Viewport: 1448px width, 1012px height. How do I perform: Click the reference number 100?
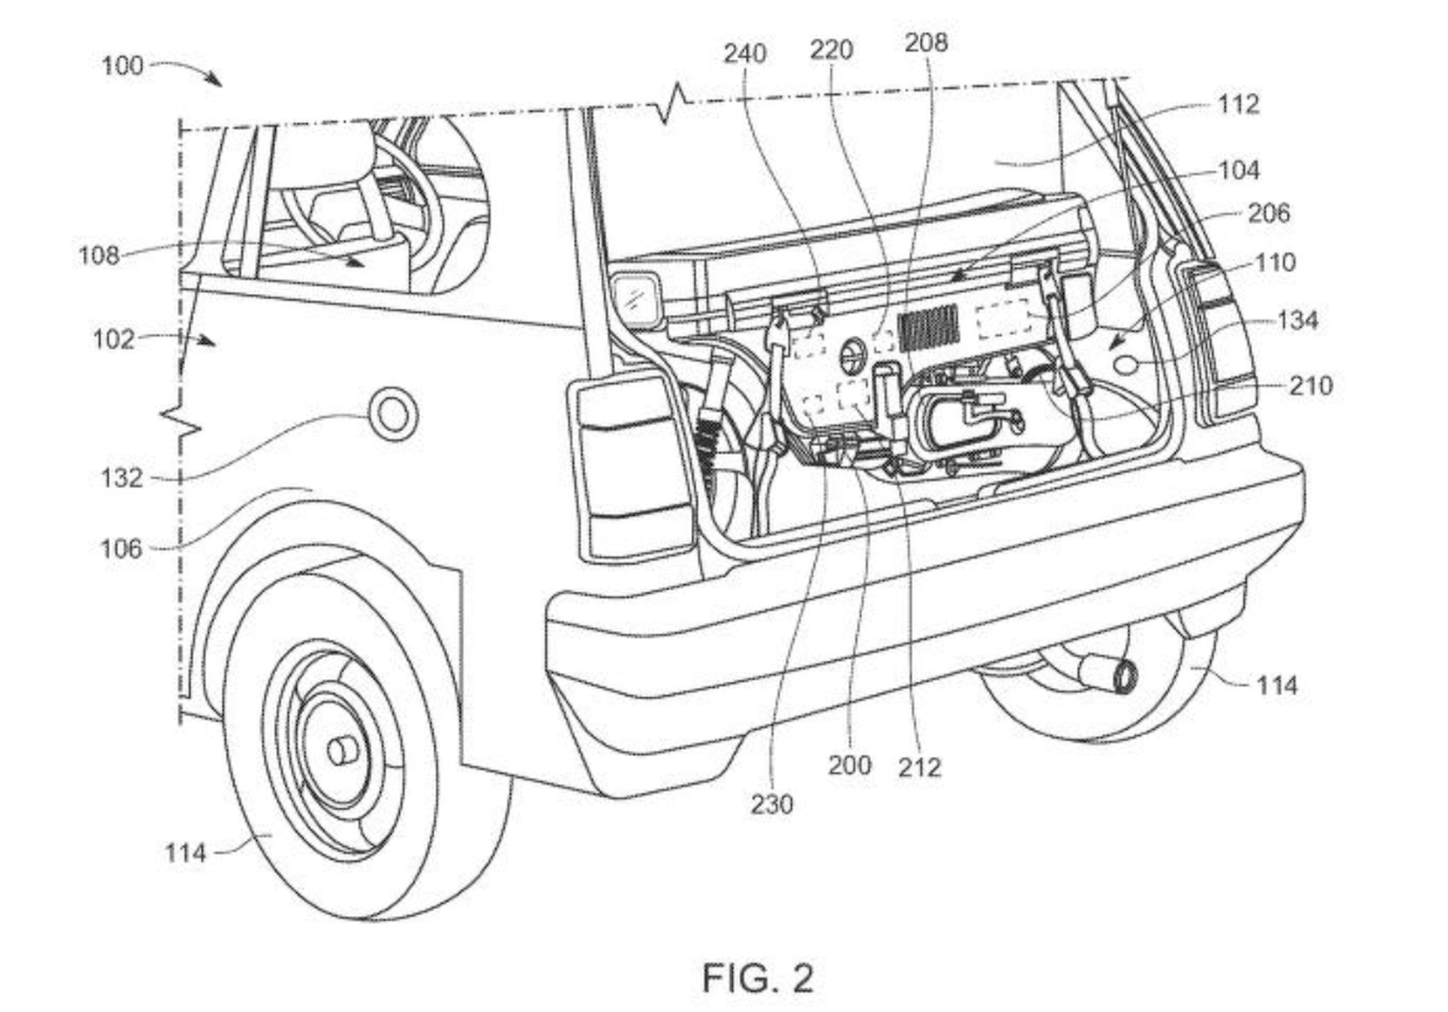[x=122, y=65]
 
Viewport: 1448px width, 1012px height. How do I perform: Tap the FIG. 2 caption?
[x=757, y=978]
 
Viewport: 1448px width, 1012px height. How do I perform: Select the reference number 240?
[x=745, y=53]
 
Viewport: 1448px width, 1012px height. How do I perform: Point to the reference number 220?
[x=831, y=49]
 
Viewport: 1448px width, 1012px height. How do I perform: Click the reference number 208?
[x=926, y=42]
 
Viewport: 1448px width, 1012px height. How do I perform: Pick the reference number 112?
[x=1237, y=104]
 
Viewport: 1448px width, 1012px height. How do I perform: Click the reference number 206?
[x=1268, y=213]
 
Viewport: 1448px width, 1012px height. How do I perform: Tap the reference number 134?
[x=1297, y=320]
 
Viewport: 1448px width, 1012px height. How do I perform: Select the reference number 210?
[x=1310, y=386]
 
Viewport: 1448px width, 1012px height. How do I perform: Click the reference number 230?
[x=771, y=803]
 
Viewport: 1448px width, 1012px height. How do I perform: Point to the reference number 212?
[x=919, y=768]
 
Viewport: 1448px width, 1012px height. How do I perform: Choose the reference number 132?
[x=122, y=477]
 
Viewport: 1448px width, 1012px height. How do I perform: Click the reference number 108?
[x=99, y=255]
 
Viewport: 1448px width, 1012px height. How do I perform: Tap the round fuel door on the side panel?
[x=394, y=415]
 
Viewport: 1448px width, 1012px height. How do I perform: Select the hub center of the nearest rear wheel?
[x=341, y=750]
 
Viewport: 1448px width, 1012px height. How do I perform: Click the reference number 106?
[x=121, y=548]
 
